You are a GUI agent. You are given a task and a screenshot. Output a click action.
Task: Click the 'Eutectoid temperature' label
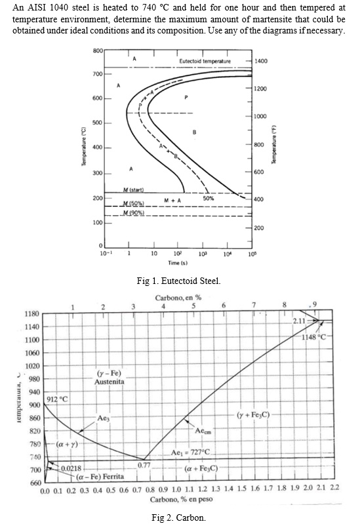coord(205,61)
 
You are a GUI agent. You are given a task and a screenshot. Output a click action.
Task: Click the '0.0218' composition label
coord(71,468)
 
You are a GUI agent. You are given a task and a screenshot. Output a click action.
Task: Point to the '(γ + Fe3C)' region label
coord(256,414)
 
